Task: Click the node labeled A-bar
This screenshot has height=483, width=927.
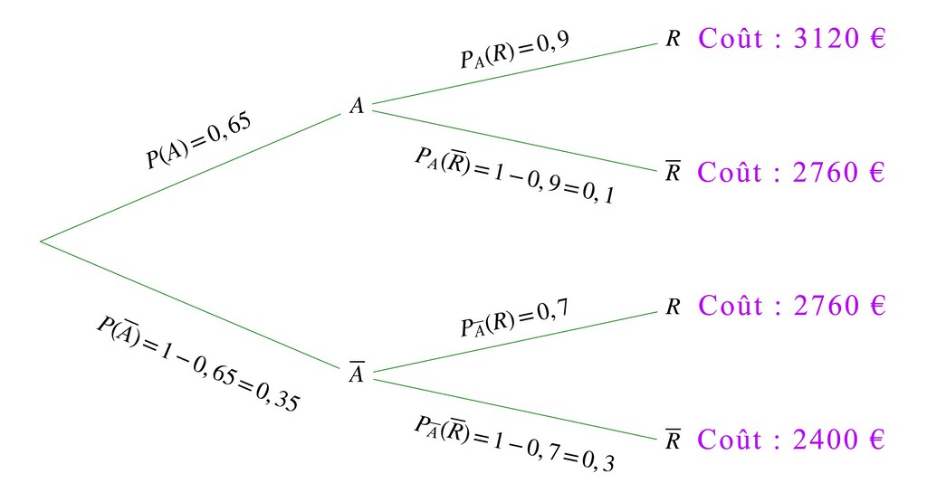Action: (357, 374)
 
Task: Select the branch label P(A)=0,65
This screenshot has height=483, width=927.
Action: (198, 140)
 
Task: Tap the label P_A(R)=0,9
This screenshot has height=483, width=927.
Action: (514, 52)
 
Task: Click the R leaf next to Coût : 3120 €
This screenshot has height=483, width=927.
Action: (672, 41)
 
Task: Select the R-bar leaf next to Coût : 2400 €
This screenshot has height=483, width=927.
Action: (672, 440)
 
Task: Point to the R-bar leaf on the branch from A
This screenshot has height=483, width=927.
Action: (672, 172)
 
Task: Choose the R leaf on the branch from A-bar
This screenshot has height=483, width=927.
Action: (672, 307)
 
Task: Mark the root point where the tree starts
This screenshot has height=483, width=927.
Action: (42, 241)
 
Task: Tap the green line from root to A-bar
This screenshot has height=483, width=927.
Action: (190, 305)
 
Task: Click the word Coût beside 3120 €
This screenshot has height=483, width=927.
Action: (731, 40)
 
